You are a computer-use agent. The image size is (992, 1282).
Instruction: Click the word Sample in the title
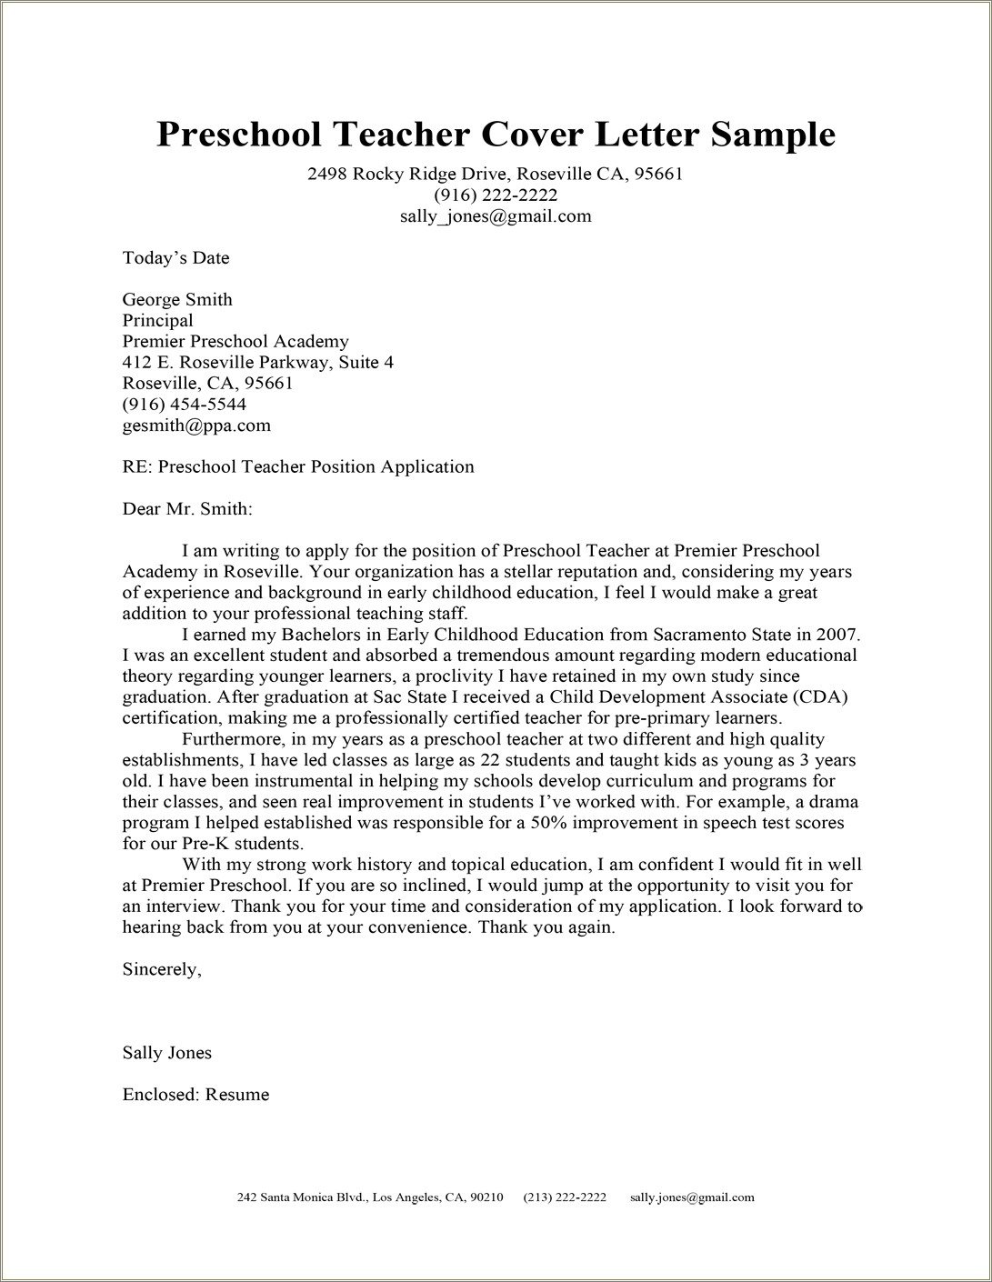(x=772, y=134)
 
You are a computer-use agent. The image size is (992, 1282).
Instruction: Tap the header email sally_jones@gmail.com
(x=496, y=216)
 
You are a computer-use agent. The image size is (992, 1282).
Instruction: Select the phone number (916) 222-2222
(x=496, y=195)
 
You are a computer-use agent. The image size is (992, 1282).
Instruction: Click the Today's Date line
(x=175, y=258)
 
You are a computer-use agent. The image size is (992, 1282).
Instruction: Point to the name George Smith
(x=177, y=300)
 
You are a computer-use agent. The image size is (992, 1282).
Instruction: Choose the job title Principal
(x=157, y=321)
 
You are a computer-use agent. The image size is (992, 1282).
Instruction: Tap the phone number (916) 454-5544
(x=184, y=405)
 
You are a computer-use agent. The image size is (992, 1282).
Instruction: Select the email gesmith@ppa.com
(x=196, y=426)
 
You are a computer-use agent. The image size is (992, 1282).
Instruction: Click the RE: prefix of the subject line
(x=137, y=467)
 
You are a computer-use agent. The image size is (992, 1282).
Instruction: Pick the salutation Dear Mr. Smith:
(x=187, y=509)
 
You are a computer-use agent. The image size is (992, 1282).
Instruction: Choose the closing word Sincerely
(x=161, y=969)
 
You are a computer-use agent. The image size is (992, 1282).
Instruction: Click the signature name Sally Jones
(x=166, y=1053)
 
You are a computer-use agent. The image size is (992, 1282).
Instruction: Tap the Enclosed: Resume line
(x=195, y=1095)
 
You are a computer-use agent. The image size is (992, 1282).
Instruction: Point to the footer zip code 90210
(x=487, y=1197)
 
